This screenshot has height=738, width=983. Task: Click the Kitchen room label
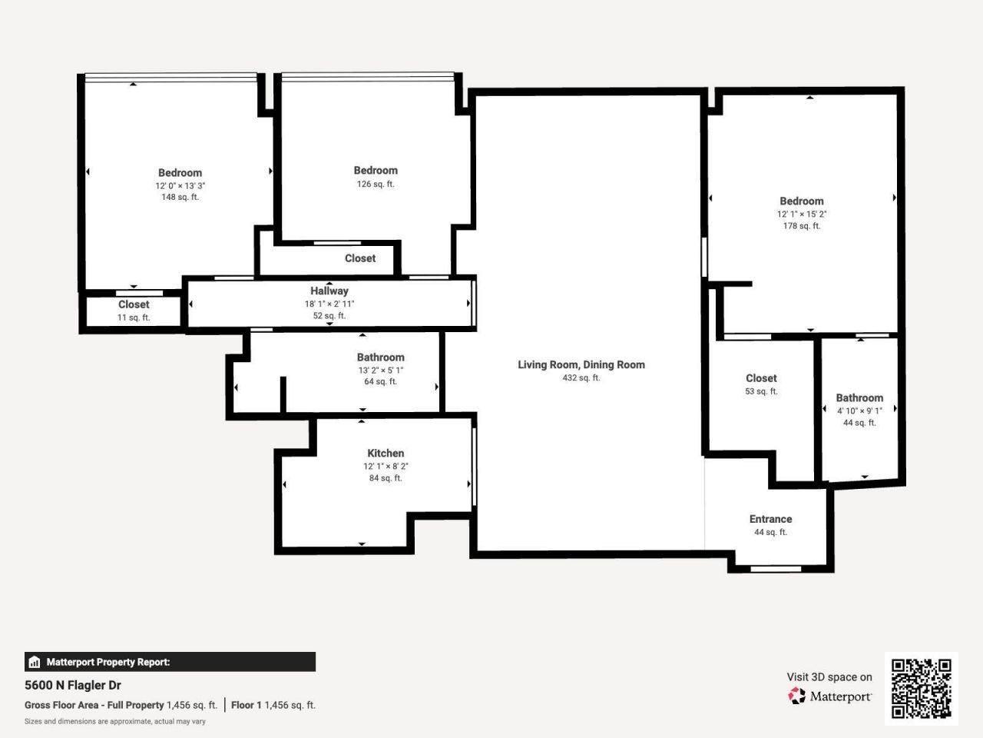coord(386,454)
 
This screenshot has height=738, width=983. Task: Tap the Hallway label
coord(329,291)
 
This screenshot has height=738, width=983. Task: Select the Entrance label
coord(770,519)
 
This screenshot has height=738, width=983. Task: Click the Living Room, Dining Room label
coord(581,364)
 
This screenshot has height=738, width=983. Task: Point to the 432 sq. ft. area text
coord(581,378)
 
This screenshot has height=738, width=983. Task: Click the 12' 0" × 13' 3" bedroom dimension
coord(180,186)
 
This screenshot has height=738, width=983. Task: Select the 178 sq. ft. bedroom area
coord(801,226)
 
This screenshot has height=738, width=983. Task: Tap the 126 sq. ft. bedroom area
coord(376,184)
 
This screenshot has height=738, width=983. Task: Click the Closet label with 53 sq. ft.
coord(761,378)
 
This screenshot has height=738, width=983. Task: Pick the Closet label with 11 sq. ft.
coord(134,304)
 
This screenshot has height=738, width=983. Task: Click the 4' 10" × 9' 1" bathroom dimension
coord(859,411)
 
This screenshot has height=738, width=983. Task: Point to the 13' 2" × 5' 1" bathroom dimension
coord(380,371)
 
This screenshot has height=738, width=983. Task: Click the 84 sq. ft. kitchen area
coord(386,478)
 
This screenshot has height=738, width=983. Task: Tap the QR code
coord(921,688)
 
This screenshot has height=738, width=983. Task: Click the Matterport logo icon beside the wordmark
coord(797,696)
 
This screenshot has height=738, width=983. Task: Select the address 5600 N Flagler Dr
coord(73,685)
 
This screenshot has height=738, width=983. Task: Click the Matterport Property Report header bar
coord(170,662)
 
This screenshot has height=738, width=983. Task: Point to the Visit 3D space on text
coord(829,677)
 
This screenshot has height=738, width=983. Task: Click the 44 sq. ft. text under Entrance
coord(770,533)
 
